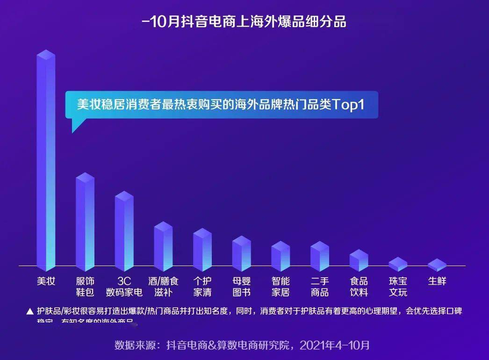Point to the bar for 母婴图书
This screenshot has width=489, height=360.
click(x=242, y=253)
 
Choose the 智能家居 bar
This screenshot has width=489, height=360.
click(x=280, y=256)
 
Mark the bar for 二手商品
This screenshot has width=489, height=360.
click(x=320, y=256)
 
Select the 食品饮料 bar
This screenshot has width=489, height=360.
click(x=359, y=260)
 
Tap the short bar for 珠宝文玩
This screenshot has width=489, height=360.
click(x=398, y=264)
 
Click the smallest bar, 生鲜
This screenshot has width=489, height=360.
click(x=437, y=265)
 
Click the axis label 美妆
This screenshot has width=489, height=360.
click(x=46, y=281)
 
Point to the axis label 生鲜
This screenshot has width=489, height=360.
click(x=437, y=281)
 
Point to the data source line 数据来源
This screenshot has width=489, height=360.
click(x=242, y=346)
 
